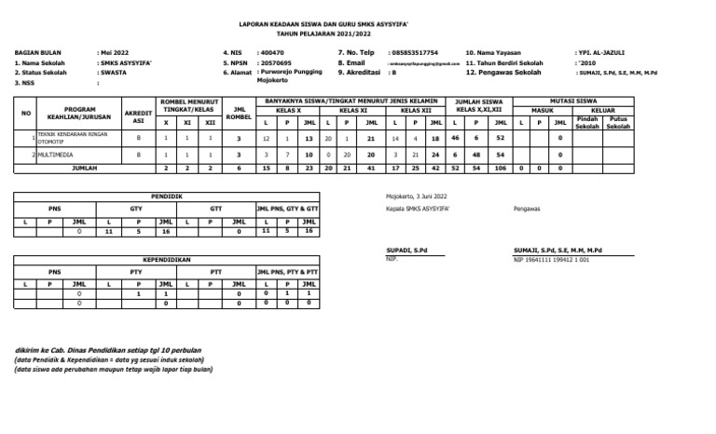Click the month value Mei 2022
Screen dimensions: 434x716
tap(115, 53)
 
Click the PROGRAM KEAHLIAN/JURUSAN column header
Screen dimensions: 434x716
tap(79, 113)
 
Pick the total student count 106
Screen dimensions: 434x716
tap(501, 170)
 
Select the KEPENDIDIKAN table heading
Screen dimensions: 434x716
tap(166, 260)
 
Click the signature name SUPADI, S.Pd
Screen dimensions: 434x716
tap(407, 251)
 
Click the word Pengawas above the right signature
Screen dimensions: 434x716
tap(526, 210)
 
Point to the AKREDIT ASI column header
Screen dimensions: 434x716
tap(138, 116)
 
